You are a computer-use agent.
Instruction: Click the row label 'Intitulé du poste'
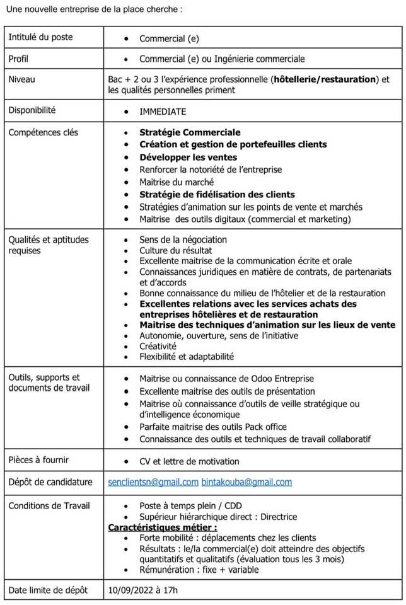40,37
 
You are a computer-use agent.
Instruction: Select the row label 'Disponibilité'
32,110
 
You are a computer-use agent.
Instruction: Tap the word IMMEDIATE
163,112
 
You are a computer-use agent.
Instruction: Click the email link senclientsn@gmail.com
153,482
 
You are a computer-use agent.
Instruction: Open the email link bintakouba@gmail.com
246,482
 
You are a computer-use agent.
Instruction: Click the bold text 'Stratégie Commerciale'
190,133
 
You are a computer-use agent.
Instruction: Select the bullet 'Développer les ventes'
188,157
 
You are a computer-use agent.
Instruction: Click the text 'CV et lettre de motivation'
189,461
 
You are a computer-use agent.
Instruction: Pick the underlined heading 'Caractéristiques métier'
163,527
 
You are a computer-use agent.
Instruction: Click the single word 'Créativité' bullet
158,346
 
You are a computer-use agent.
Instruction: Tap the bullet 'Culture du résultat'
177,250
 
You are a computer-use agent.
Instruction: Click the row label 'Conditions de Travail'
49,505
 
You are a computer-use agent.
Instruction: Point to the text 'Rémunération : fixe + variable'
199,570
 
